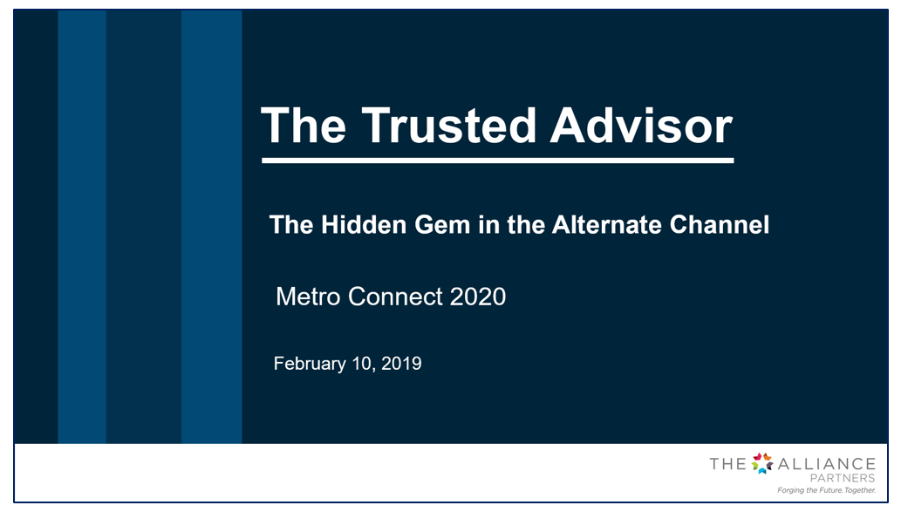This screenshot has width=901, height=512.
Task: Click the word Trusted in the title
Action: coord(448,126)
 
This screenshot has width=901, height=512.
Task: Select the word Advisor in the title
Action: coord(641,126)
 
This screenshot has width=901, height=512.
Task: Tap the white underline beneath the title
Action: coord(498,160)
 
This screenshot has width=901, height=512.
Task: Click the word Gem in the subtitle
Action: coord(442,225)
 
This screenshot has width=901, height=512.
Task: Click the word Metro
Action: coord(308,297)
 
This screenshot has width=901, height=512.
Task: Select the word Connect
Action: coord(395,297)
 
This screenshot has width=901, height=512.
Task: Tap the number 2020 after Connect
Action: coord(477,297)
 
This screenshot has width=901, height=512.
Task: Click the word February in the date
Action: coord(310,364)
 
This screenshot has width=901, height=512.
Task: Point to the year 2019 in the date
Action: coord(401,363)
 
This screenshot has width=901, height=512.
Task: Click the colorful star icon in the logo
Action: coord(762,463)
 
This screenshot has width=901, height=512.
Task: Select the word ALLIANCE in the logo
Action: coord(826,464)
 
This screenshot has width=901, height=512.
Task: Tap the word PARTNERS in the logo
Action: coord(843,478)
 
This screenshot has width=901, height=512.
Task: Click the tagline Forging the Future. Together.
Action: coord(826,490)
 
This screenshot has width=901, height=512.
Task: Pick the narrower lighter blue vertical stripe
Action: coord(82,227)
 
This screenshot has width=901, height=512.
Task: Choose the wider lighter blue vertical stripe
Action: coord(211,227)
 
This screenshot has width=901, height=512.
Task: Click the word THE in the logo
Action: coord(728,464)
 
